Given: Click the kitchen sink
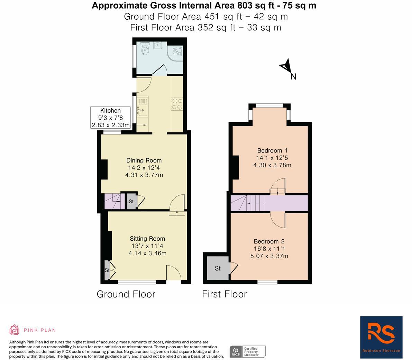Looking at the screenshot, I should click(142, 110).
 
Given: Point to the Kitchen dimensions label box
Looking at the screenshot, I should click(110, 118).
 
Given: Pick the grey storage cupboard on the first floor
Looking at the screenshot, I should click(218, 268).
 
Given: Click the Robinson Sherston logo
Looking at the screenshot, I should click(381, 337).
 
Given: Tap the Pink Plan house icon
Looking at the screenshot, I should click(14, 330).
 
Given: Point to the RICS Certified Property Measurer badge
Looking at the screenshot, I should click(248, 352).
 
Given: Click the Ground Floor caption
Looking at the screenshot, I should click(126, 294).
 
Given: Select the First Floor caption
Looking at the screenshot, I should click(225, 294).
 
